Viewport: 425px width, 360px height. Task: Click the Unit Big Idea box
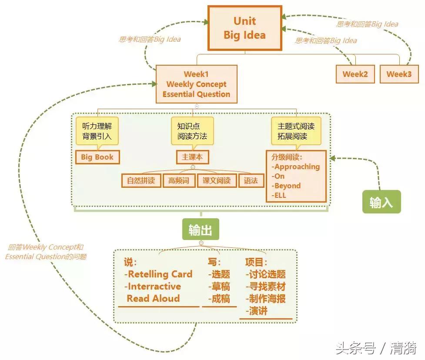click(x=244, y=28)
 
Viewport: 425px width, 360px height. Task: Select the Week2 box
click(x=355, y=74)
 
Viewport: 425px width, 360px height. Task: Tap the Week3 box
click(x=399, y=74)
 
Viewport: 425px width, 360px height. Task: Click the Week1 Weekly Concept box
click(x=196, y=84)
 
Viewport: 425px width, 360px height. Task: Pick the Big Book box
click(x=97, y=157)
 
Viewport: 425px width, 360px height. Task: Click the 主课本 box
click(x=192, y=157)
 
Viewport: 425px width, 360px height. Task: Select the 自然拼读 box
click(x=141, y=181)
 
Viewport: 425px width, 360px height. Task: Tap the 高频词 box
click(x=179, y=181)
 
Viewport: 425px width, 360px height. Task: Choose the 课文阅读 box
click(x=217, y=181)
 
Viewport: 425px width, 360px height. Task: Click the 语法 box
click(x=251, y=181)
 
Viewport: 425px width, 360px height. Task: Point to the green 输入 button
click(x=381, y=203)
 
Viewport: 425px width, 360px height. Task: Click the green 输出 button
click(x=200, y=230)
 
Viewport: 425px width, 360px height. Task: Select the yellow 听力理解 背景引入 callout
click(x=97, y=131)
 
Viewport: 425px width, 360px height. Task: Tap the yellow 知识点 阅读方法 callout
click(x=192, y=131)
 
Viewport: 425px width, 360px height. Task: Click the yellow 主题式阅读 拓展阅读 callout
click(x=296, y=131)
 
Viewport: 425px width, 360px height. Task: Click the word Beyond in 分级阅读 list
click(x=287, y=186)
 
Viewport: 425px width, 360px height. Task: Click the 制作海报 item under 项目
click(x=265, y=299)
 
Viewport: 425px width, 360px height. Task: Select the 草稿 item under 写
click(x=220, y=287)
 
